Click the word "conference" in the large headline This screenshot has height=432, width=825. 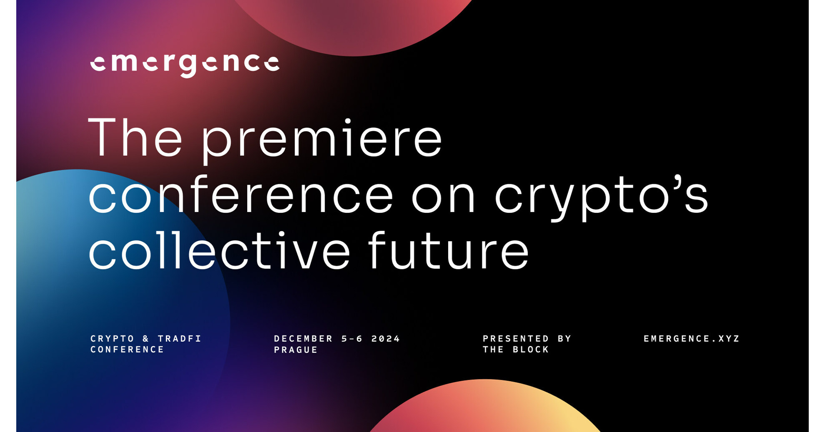241,195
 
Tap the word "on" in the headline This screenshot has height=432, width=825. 443,196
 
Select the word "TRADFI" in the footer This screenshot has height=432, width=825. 180,339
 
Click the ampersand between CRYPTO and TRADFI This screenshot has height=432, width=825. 146,339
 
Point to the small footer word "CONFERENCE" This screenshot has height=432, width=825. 128,350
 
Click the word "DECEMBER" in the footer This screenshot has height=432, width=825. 303,339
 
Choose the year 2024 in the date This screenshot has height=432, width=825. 386,339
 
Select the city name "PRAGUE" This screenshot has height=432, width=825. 296,350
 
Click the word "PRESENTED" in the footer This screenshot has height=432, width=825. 516,339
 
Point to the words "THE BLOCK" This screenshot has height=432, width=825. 516,350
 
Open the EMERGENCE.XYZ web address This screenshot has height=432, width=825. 692,339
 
